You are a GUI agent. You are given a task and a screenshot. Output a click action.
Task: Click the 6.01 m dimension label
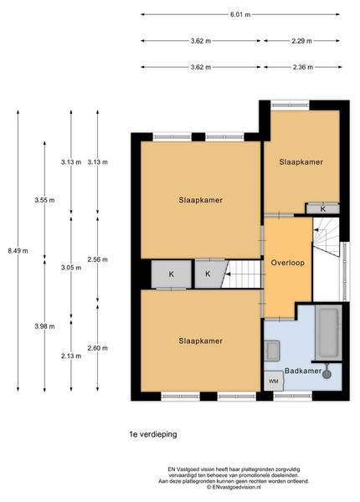click(x=240, y=14)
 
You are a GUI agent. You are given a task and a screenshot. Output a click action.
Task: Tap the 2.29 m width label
click(x=301, y=41)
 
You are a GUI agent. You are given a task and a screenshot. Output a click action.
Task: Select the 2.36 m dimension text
click(x=303, y=67)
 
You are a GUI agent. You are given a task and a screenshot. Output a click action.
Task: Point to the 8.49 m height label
click(x=18, y=251)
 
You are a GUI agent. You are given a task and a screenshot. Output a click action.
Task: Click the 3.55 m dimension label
click(x=44, y=200)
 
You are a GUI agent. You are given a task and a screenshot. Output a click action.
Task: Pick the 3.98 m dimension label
click(x=44, y=326)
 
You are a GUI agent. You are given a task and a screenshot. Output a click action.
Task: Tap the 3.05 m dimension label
click(x=71, y=268)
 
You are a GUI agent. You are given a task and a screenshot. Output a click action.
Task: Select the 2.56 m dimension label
click(x=98, y=259)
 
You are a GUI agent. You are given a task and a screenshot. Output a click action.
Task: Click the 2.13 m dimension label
click(x=71, y=356)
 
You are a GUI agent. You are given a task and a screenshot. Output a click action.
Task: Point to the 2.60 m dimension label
click(x=98, y=348)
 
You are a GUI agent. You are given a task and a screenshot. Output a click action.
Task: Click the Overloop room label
click(x=288, y=263)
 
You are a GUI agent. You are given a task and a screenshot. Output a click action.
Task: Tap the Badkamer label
click(x=303, y=371)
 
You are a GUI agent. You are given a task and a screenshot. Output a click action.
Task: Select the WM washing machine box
click(x=274, y=381)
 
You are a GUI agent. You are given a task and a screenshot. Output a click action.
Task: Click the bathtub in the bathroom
click(x=328, y=333)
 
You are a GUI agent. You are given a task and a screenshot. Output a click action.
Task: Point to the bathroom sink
click(x=272, y=351)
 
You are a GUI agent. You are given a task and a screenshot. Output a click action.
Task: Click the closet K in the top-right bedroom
click(x=323, y=209)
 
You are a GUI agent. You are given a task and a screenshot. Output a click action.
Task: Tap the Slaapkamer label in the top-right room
click(x=301, y=161)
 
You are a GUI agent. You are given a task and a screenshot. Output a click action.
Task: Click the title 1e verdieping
click(x=153, y=434)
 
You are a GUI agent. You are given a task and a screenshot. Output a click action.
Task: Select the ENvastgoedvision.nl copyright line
click(x=234, y=487)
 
